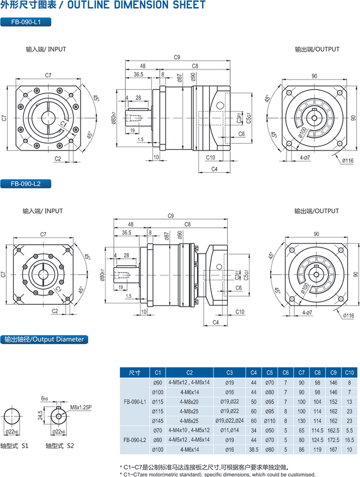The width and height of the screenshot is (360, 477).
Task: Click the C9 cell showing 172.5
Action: coord(333,440)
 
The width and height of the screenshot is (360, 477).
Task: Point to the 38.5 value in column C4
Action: coord(254,449)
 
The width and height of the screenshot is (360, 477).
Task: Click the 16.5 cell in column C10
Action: coord(349,440)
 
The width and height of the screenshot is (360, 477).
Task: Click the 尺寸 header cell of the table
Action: coord(135,373)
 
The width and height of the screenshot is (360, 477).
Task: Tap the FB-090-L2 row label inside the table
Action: coord(135,440)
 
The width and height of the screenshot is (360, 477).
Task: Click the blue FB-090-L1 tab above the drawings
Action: coord(25,22)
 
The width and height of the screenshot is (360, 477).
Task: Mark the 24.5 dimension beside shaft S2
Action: coord(40,415)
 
